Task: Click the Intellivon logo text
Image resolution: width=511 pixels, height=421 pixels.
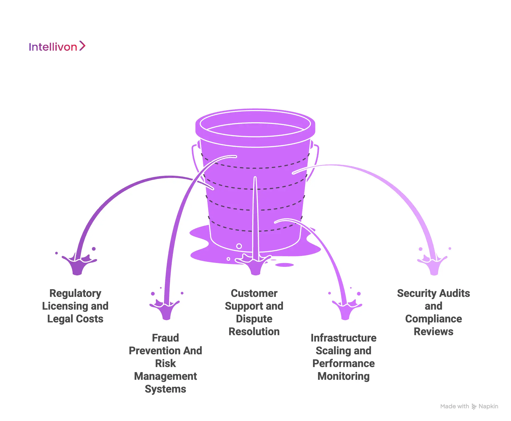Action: (53, 47)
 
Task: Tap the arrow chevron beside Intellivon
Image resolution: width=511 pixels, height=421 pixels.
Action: (82, 46)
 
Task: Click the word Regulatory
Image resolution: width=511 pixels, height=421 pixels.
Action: (75, 293)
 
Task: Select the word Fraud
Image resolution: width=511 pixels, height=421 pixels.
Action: (165, 338)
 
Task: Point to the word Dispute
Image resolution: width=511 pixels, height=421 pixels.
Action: (254, 319)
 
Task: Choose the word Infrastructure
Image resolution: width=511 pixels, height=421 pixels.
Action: (343, 338)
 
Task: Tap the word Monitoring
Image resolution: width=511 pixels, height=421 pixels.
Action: (343, 376)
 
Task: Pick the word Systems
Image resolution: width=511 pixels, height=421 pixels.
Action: (165, 389)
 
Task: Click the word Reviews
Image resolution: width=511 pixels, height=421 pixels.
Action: (433, 332)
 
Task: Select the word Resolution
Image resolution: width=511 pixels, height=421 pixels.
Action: (254, 332)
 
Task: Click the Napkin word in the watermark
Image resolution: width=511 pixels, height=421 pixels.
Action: (488, 406)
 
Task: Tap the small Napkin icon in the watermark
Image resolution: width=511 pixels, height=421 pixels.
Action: (474, 407)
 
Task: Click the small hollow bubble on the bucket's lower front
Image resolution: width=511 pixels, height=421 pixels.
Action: (239, 246)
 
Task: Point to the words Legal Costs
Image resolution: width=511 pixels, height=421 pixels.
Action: (75, 319)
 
